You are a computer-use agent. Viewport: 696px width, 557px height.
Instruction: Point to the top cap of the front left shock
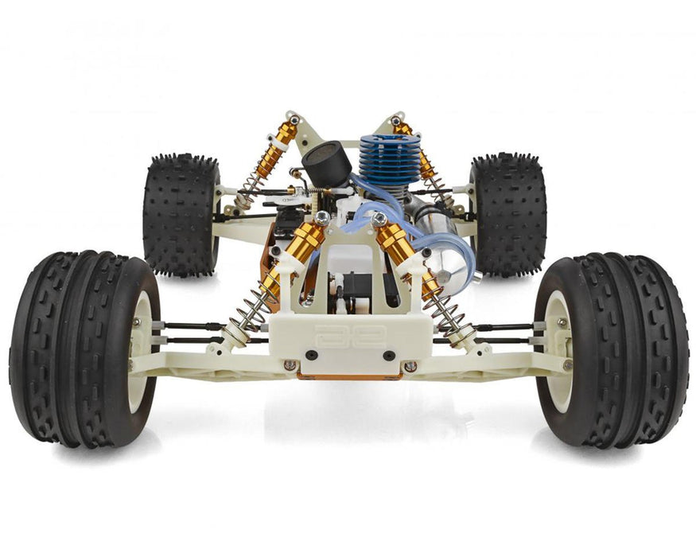(321, 217)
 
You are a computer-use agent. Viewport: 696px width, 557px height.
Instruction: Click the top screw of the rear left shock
(294, 120)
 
